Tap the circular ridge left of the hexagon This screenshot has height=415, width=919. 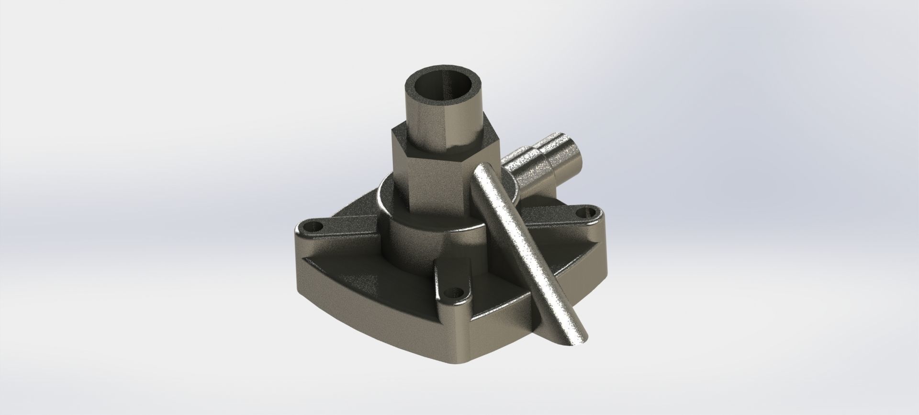tap(383, 201)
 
